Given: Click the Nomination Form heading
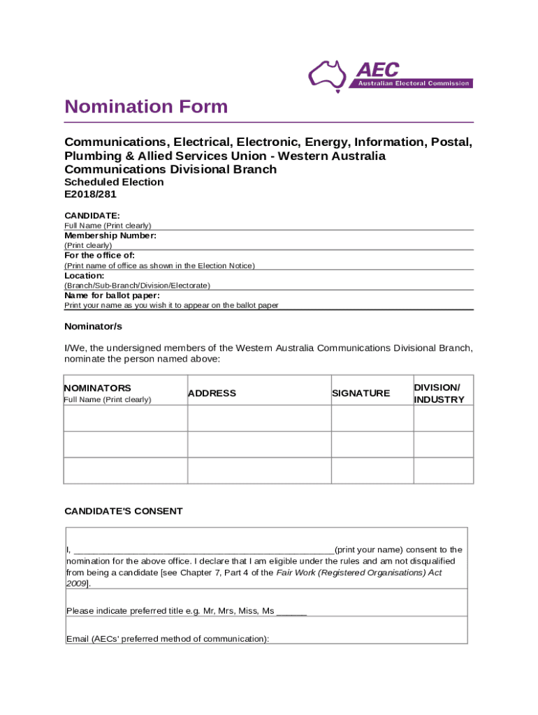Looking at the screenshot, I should [x=146, y=107].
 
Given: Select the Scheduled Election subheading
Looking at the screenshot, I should [x=114, y=182].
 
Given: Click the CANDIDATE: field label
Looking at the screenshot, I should [x=92, y=216].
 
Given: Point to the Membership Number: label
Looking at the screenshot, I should [x=110, y=236].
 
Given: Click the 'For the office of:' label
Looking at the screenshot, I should [x=99, y=256].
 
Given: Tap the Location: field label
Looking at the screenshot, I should [x=85, y=275].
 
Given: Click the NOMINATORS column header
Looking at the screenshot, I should [x=98, y=388].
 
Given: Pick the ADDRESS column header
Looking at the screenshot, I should [x=212, y=393].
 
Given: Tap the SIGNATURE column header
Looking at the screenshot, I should [x=361, y=393].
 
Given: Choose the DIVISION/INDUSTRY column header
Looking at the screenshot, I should [x=439, y=393].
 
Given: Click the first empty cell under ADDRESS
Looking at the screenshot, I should [x=259, y=418].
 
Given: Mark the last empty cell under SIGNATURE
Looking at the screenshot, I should [x=372, y=470].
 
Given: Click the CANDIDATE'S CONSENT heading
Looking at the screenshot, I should [x=124, y=511].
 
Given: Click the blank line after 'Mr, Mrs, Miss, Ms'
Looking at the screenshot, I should [x=291, y=612].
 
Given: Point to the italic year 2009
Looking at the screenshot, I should [x=75, y=583].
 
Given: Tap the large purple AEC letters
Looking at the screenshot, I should [x=377, y=70].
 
